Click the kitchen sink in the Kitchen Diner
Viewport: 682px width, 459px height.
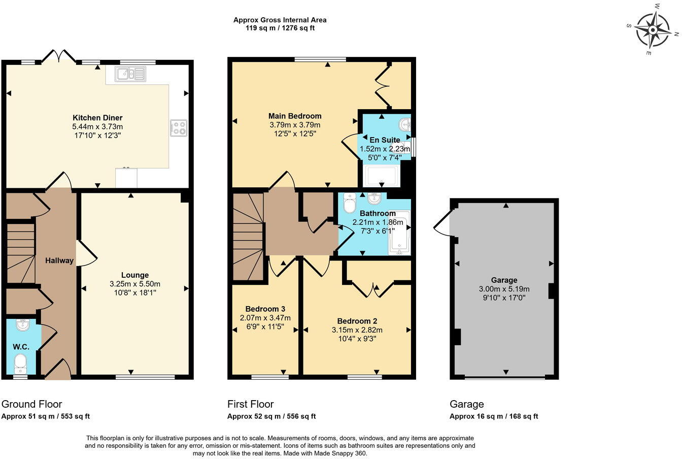(x=130, y=74)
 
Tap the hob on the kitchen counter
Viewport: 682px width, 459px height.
(x=179, y=127)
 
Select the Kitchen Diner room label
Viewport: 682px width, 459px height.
(x=97, y=117)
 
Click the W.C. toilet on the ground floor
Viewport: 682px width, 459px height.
(x=20, y=363)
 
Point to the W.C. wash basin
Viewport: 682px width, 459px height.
(x=22, y=325)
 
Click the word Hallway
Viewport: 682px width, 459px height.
(x=59, y=260)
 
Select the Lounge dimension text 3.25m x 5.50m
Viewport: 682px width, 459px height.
(x=135, y=284)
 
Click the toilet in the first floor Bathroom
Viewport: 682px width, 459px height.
(x=350, y=205)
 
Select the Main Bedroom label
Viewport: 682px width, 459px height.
(x=295, y=116)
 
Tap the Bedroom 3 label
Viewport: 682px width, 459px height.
(x=265, y=309)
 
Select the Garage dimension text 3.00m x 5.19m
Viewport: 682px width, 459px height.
(x=504, y=289)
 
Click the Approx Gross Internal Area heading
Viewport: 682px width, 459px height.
(x=280, y=20)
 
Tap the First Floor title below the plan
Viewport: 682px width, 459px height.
(x=250, y=404)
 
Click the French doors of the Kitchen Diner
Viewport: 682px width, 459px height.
(x=59, y=55)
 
